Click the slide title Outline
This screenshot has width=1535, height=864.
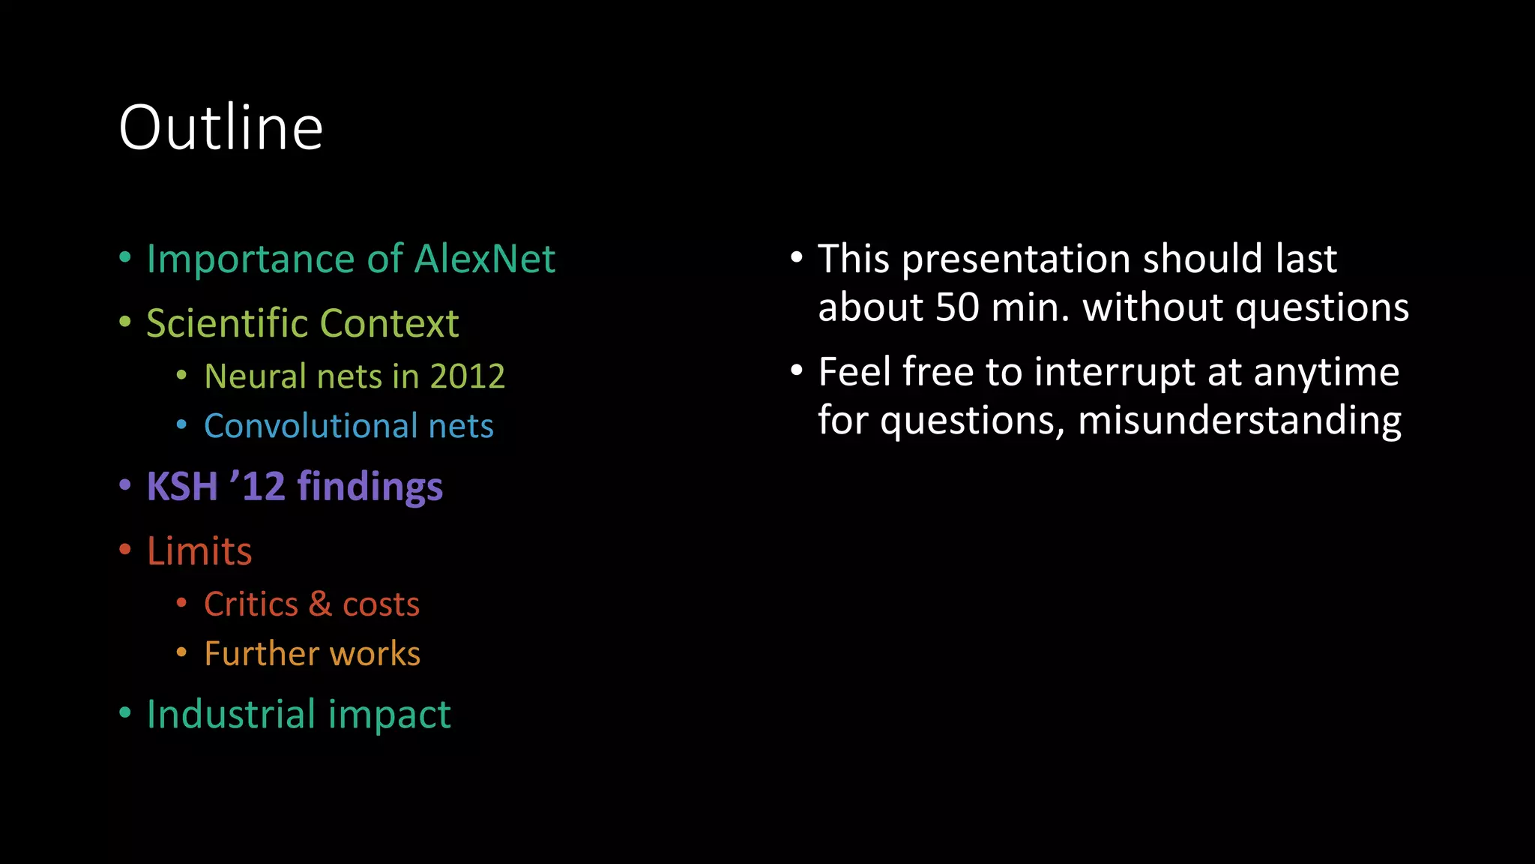click(x=220, y=127)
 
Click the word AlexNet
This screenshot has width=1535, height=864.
click(x=484, y=259)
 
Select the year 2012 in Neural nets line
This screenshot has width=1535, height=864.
click(x=468, y=376)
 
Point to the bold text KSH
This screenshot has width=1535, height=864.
click(x=182, y=486)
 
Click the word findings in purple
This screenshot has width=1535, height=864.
click(x=370, y=487)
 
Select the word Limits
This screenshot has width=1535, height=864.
click(x=199, y=550)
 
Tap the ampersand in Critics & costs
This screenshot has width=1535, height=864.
click(x=320, y=604)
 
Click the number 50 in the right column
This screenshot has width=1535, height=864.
click(x=957, y=307)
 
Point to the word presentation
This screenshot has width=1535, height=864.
click(x=1016, y=259)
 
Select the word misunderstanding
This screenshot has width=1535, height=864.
click(x=1239, y=420)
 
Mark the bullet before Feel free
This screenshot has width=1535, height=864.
click(x=797, y=370)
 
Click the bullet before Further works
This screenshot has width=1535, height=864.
click(x=181, y=652)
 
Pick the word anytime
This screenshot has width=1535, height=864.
click(x=1326, y=372)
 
